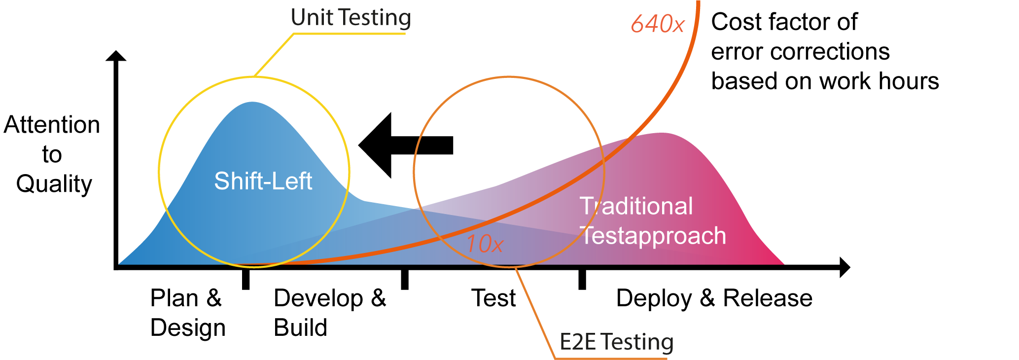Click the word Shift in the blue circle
235,181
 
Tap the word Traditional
636,206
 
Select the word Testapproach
653,236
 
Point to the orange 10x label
484,244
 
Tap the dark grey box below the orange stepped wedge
619,345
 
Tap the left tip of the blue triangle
121,262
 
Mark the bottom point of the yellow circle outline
254,267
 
